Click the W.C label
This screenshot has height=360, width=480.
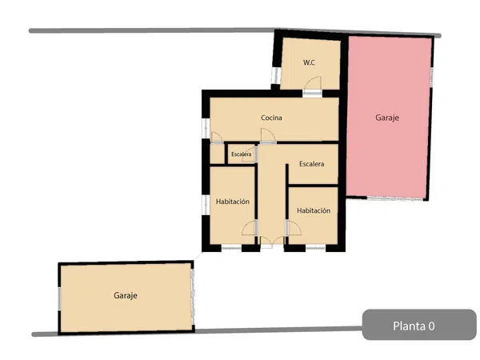(309, 62)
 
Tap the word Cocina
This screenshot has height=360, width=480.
(271, 118)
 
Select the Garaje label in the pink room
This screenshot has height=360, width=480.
(387, 118)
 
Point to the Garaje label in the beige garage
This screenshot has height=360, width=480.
(126, 296)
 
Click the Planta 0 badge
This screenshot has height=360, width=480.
(419, 325)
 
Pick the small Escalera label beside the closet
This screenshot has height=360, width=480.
(242, 154)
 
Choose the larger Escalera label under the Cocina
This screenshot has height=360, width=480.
(312, 164)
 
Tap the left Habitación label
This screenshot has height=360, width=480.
(233, 202)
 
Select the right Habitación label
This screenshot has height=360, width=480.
(314, 211)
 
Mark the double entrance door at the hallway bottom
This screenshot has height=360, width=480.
(272, 242)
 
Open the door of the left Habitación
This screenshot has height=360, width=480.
(250, 228)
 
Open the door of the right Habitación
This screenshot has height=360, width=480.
(294, 228)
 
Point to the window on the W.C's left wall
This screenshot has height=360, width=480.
(276, 75)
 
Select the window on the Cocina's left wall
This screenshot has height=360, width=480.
(206, 128)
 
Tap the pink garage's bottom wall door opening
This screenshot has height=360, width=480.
(395, 198)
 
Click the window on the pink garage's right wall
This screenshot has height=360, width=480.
(432, 77)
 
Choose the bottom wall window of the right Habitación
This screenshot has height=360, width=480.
(316, 248)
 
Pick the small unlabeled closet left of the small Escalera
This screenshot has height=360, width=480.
(217, 154)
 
